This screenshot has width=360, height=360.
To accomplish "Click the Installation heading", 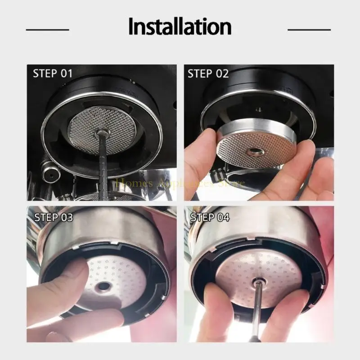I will pyautogui.click(x=180, y=27).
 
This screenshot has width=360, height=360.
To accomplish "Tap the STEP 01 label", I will pyautogui.click(x=53, y=74).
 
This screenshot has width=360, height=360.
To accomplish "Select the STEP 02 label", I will pyautogui.click(x=208, y=74).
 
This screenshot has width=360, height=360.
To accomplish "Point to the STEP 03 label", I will pyautogui.click(x=53, y=217).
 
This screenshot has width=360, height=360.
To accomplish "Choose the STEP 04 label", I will pyautogui.click(x=210, y=217).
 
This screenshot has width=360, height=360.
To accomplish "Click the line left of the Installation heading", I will pyautogui.click(x=47, y=30).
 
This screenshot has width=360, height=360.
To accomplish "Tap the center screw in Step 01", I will pyautogui.click(x=102, y=132).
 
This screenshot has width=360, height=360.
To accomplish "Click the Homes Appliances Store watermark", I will pyautogui.click(x=180, y=183).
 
